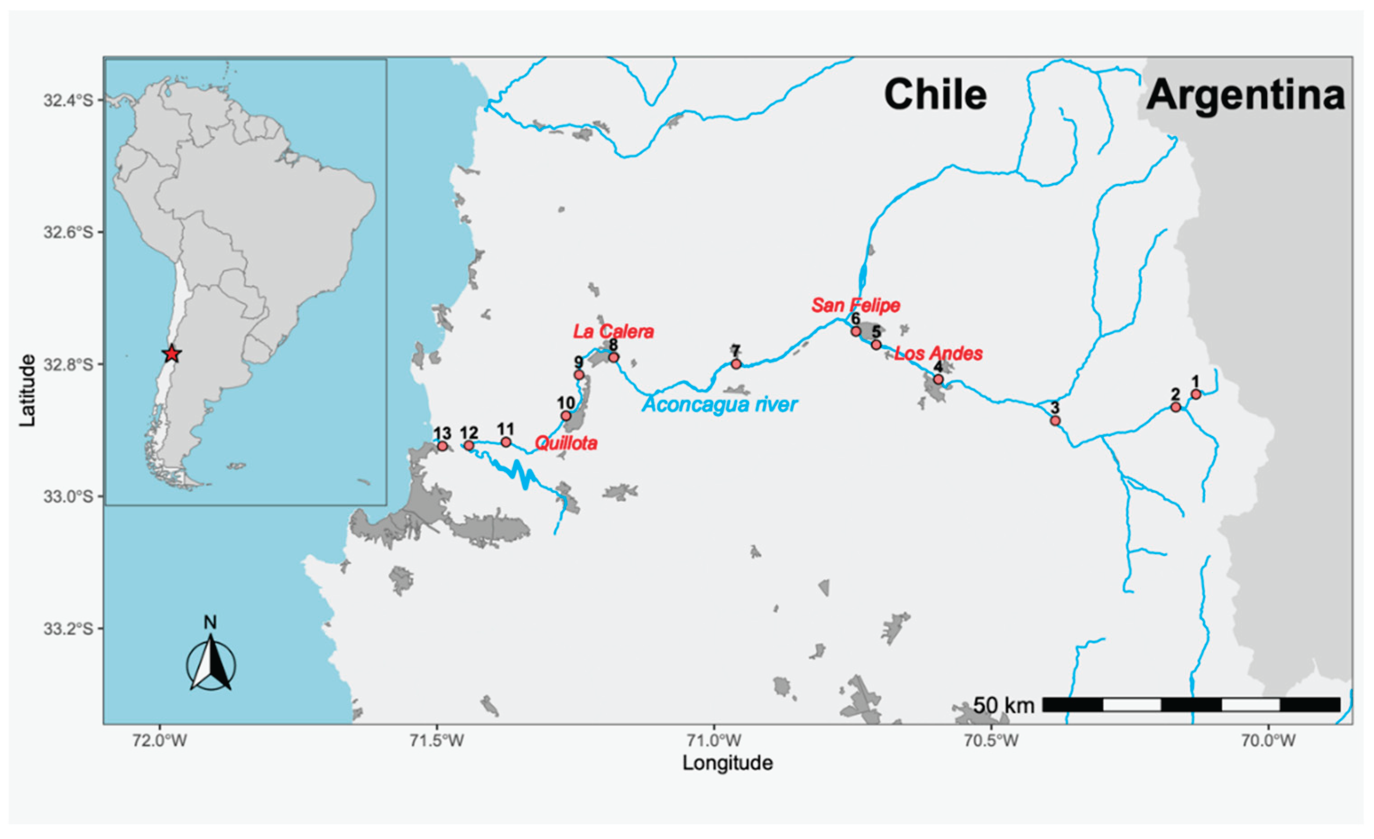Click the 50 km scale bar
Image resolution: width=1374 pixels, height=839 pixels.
(x=1191, y=705)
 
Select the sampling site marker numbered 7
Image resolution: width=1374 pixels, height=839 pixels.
(x=736, y=364)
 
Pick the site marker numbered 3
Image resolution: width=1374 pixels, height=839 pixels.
(x=1055, y=420)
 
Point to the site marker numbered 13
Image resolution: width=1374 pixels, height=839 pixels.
(x=442, y=446)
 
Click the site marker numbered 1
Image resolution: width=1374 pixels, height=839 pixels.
(x=1195, y=394)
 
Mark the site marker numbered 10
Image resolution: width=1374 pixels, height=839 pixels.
(x=566, y=415)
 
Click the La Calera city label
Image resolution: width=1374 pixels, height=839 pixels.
(x=613, y=332)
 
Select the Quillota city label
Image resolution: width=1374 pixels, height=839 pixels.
(x=566, y=443)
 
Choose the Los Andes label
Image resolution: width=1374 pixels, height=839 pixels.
(x=938, y=353)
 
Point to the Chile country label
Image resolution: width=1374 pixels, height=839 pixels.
(x=935, y=94)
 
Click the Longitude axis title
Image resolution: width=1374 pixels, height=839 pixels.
(x=728, y=763)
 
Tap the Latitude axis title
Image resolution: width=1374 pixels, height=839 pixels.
(x=28, y=390)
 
